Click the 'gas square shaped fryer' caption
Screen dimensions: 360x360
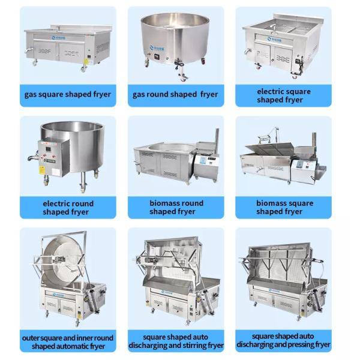point(67,95)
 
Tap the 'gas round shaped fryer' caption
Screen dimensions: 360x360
point(175,95)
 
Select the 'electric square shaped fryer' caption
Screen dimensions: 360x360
point(283,95)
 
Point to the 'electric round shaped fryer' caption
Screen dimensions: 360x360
point(67,207)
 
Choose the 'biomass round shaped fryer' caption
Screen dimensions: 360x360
point(176,207)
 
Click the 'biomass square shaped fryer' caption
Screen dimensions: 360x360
point(284,207)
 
